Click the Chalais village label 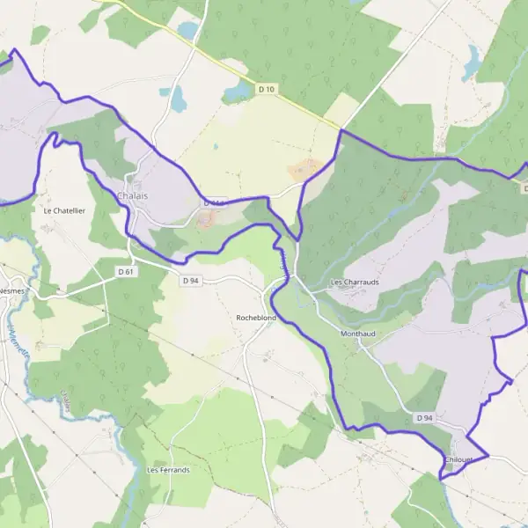(132, 194)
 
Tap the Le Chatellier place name (62, 211)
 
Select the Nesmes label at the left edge (11, 290)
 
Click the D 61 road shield (127, 272)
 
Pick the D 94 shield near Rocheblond (191, 281)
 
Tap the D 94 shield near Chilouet (425, 417)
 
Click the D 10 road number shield (267, 89)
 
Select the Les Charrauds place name (354, 282)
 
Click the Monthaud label (357, 334)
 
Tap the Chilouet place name (459, 459)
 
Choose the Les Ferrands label (167, 470)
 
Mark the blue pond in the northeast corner (472, 62)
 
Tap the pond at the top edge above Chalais (188, 30)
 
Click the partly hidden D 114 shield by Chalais (214, 202)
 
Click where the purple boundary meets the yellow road (341, 131)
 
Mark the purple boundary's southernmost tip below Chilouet (440, 478)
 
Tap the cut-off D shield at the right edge (524, 188)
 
